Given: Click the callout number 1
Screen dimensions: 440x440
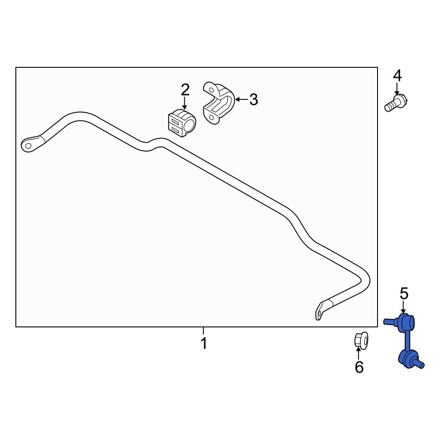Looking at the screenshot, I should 203,343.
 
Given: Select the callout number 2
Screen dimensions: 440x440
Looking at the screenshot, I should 185,90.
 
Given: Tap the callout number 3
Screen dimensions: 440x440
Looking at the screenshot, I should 253,100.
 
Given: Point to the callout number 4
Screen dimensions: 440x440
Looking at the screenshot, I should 397,76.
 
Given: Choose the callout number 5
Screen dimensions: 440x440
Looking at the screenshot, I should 403,293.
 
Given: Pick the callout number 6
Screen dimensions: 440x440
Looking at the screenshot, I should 359,367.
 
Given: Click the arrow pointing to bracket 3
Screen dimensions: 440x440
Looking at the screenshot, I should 241,100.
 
